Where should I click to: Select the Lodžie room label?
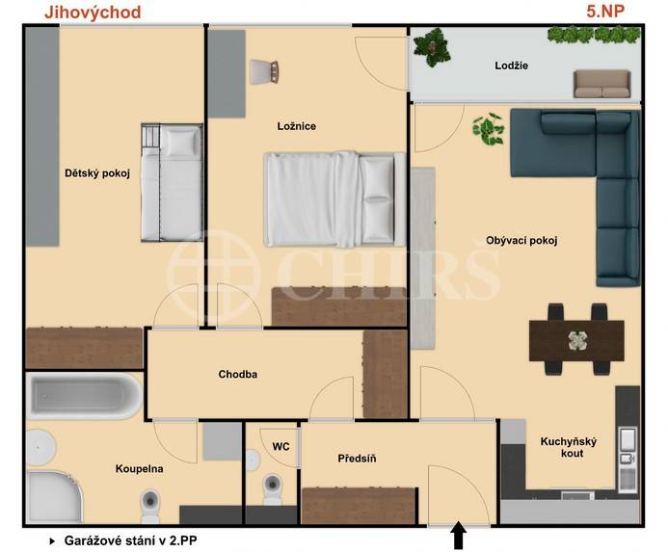[x=512, y=66]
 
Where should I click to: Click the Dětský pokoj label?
[x=96, y=173]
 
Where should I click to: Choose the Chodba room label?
[x=237, y=375]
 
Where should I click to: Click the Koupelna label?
[x=139, y=469]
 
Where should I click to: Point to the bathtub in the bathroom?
[x=85, y=395]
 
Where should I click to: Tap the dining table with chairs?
[x=576, y=339]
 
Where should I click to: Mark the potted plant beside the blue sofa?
[x=488, y=128]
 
